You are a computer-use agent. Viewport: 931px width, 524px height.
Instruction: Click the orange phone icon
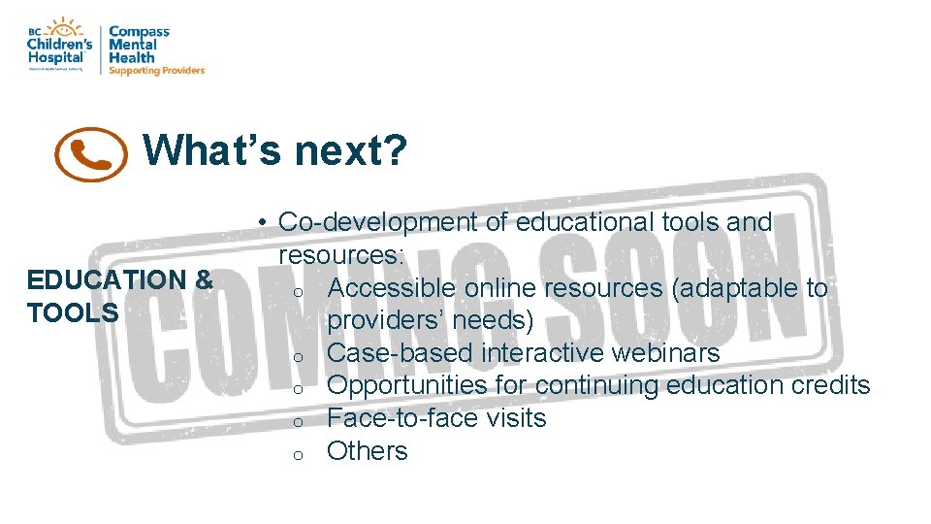(x=91, y=154)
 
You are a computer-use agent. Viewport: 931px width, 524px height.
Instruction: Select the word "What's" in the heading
(x=212, y=150)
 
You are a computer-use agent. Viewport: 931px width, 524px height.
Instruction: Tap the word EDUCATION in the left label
(x=107, y=279)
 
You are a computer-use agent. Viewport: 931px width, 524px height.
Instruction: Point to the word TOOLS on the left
(x=73, y=312)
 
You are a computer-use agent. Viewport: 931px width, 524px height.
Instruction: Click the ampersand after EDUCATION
(x=204, y=279)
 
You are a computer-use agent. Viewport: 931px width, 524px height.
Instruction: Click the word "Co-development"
(x=378, y=222)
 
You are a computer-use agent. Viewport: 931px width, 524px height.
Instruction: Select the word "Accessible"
(x=392, y=288)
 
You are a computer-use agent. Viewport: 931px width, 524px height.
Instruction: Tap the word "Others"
(x=368, y=451)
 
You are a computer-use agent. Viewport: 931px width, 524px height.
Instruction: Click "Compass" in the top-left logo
(x=139, y=31)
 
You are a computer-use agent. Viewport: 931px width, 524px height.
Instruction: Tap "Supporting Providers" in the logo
(x=156, y=71)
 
